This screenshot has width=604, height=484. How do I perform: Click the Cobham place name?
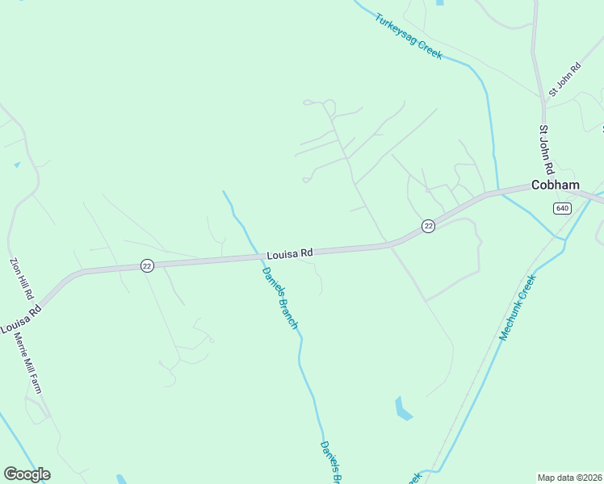(555, 185)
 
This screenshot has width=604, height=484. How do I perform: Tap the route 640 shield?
(562, 208)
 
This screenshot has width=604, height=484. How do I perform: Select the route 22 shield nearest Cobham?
(428, 226)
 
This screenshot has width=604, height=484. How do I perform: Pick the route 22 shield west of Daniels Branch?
(146, 265)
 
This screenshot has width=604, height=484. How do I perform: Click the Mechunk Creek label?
(518, 307)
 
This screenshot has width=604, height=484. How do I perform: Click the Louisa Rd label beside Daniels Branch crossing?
(290, 253)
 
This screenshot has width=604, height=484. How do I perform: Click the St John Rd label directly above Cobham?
(547, 150)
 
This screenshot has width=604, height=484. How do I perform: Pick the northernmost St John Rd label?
(564, 81)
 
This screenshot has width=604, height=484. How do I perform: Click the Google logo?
(27, 474)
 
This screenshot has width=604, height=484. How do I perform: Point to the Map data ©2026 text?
(569, 478)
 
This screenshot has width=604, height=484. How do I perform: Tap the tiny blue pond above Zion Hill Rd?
(17, 165)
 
